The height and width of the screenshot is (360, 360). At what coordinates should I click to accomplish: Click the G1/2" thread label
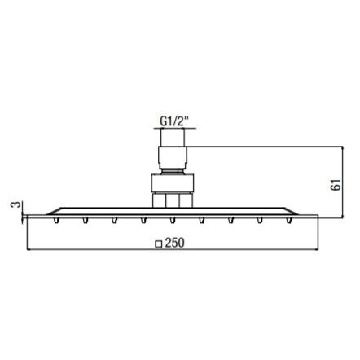(x=174, y=121)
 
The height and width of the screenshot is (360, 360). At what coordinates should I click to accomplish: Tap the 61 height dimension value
(x=336, y=185)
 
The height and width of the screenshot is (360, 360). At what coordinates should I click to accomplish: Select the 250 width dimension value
(x=175, y=243)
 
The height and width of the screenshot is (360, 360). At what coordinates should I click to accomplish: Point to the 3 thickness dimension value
(x=15, y=204)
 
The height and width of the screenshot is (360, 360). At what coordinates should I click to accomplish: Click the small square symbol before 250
(x=159, y=244)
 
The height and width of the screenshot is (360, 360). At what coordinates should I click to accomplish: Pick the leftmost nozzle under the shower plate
(x=56, y=220)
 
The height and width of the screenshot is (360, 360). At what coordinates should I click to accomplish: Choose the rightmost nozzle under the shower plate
(x=289, y=220)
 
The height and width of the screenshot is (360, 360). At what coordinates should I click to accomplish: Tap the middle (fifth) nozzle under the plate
(x=173, y=220)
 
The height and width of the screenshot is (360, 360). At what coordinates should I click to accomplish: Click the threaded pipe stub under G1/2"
(x=173, y=137)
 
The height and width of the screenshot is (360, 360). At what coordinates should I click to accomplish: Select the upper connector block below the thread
(x=173, y=157)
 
